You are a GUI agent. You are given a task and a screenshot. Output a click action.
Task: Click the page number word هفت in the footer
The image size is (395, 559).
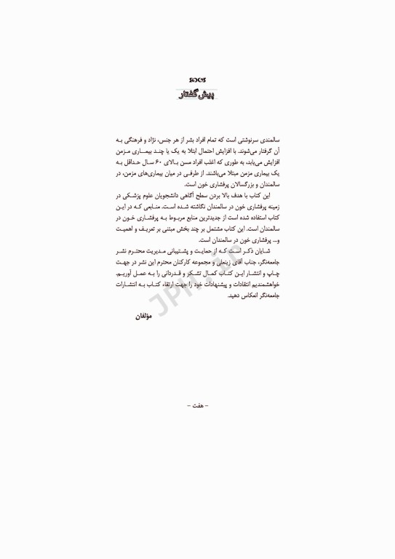click(x=197, y=404)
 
